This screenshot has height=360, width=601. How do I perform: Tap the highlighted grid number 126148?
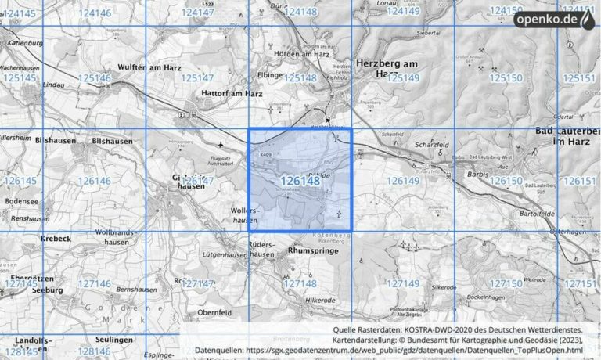point(300,181)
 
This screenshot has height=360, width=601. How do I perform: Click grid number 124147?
point(197,13)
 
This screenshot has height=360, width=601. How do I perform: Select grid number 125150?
point(505,77)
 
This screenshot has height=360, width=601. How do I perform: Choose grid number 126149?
point(404,181)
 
